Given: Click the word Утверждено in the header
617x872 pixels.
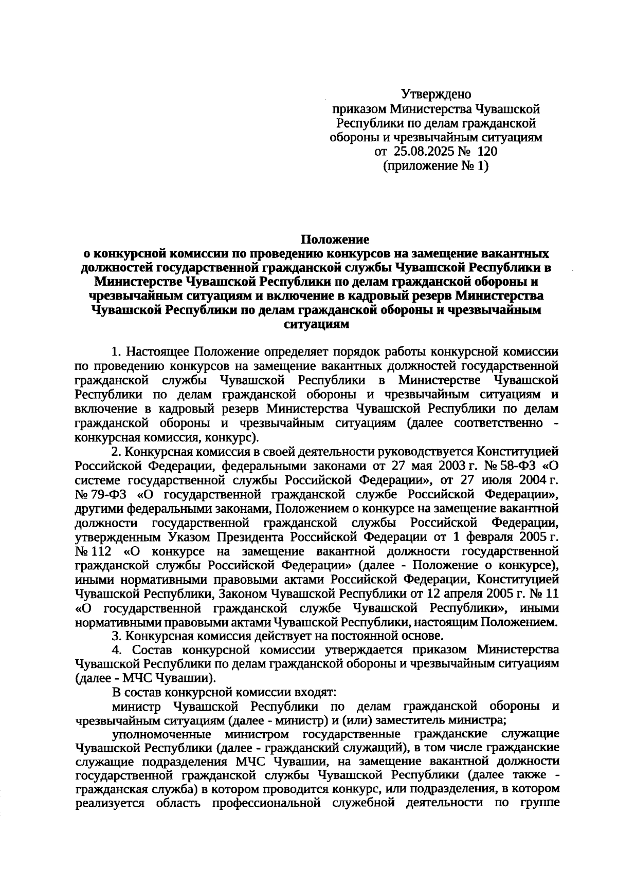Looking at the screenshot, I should click(436, 95).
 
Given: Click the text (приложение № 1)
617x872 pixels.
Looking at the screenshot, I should click(436, 166).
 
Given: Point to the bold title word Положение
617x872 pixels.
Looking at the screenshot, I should click(335, 239).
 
